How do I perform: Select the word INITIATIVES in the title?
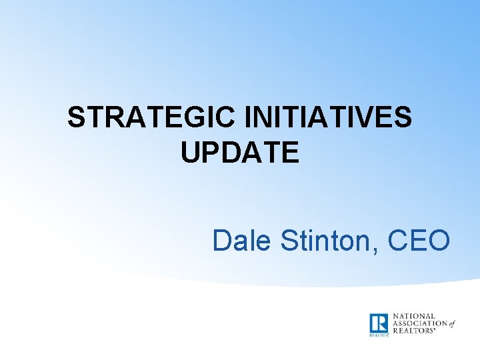[x=328, y=119]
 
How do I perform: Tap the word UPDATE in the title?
[x=239, y=153]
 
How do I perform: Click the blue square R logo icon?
[x=379, y=323]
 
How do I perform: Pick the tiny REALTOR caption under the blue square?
[x=378, y=335]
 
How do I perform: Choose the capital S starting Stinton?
[x=291, y=241]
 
